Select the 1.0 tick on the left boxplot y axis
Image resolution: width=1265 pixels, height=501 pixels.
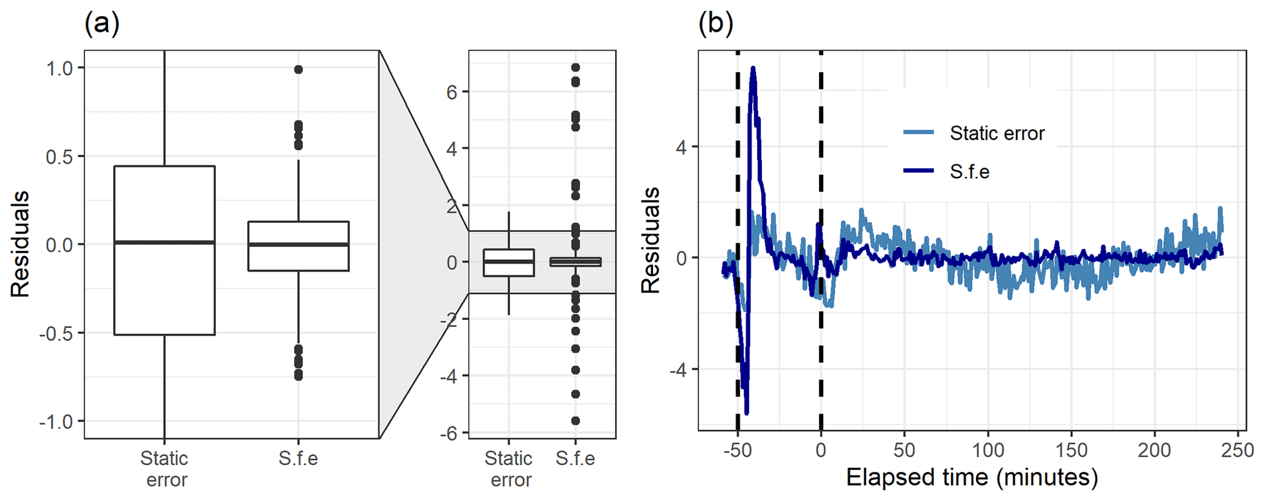click(x=59, y=69)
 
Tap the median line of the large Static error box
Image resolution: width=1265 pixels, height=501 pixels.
click(x=164, y=242)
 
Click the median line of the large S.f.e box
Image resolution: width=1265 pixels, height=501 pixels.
click(x=298, y=245)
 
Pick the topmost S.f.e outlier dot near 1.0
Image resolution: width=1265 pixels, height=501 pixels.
click(x=298, y=70)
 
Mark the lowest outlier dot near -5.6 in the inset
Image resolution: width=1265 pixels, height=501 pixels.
click(x=575, y=421)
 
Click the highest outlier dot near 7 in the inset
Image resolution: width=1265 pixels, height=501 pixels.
click(x=575, y=67)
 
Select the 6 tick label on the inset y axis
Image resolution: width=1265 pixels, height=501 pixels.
click(x=452, y=92)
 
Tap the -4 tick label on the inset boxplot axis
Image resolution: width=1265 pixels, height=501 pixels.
click(x=449, y=376)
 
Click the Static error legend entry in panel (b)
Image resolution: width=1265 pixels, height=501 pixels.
click(x=996, y=133)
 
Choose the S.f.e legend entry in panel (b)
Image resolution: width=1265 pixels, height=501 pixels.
click(x=969, y=172)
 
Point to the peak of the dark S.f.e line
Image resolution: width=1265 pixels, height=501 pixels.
click(x=753, y=68)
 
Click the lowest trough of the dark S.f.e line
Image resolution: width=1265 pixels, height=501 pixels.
click(x=747, y=413)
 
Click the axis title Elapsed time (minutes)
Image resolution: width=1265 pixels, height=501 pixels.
click(x=972, y=477)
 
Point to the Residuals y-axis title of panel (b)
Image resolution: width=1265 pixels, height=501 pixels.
click(x=651, y=240)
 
